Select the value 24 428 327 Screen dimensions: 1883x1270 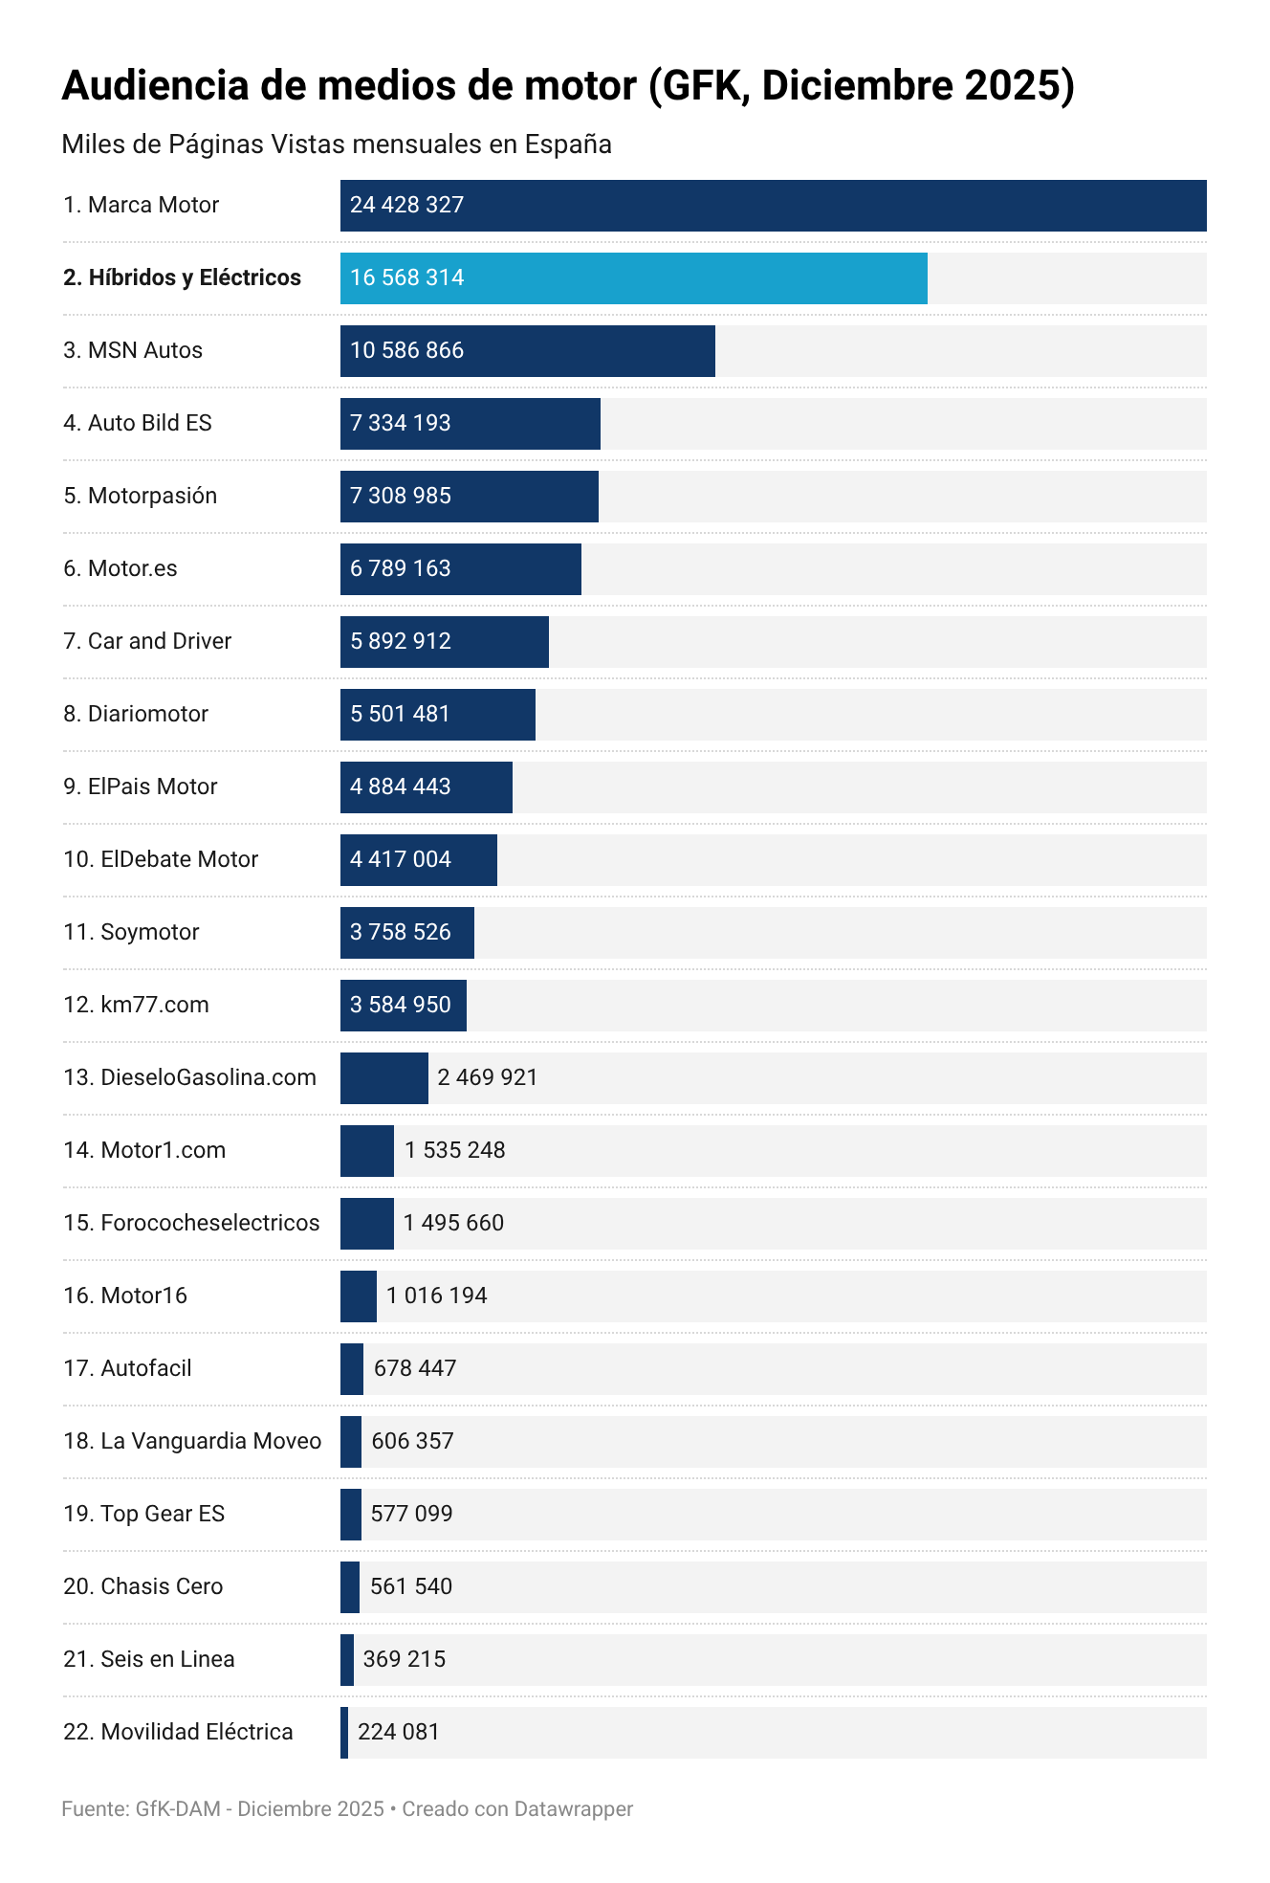click(406, 206)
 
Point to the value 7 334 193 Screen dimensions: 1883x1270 click(400, 424)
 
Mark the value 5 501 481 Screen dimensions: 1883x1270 click(400, 715)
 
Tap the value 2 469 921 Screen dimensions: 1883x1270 click(488, 1078)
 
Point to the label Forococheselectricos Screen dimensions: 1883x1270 click(191, 1224)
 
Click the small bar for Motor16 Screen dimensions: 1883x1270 click(359, 1296)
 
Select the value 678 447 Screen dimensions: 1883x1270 click(415, 1369)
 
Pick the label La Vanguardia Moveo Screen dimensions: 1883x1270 click(192, 1442)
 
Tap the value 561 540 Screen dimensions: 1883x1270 click(411, 1587)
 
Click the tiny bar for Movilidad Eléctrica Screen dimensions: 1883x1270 click(344, 1733)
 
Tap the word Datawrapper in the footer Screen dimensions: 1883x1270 click(574, 1809)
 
